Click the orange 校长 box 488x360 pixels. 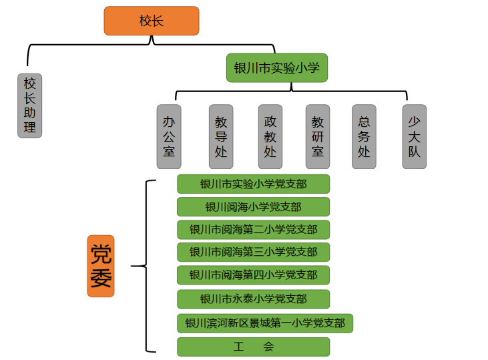(151, 21)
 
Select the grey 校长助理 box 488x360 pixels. (29, 106)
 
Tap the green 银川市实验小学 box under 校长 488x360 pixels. (276, 68)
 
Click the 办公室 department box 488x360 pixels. (169, 136)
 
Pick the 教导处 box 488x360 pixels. (221, 136)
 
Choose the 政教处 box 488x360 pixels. (270, 136)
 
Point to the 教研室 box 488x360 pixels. (318, 136)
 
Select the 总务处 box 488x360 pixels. (364, 136)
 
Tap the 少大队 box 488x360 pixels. (415, 136)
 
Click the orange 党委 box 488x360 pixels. (101, 266)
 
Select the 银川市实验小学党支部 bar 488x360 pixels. (253, 184)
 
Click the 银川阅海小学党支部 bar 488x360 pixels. (253, 206)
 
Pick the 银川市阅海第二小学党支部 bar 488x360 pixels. (253, 229)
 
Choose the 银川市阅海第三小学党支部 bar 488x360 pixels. (253, 252)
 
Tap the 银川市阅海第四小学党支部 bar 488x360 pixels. (253, 275)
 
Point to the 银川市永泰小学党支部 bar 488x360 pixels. (253, 298)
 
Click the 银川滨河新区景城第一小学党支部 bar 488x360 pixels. (265, 323)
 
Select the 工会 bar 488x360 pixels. (253, 347)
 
